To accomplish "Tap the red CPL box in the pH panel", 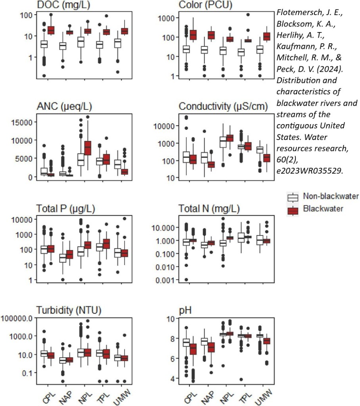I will point(193,349).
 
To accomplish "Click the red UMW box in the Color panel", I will point(266,37).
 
